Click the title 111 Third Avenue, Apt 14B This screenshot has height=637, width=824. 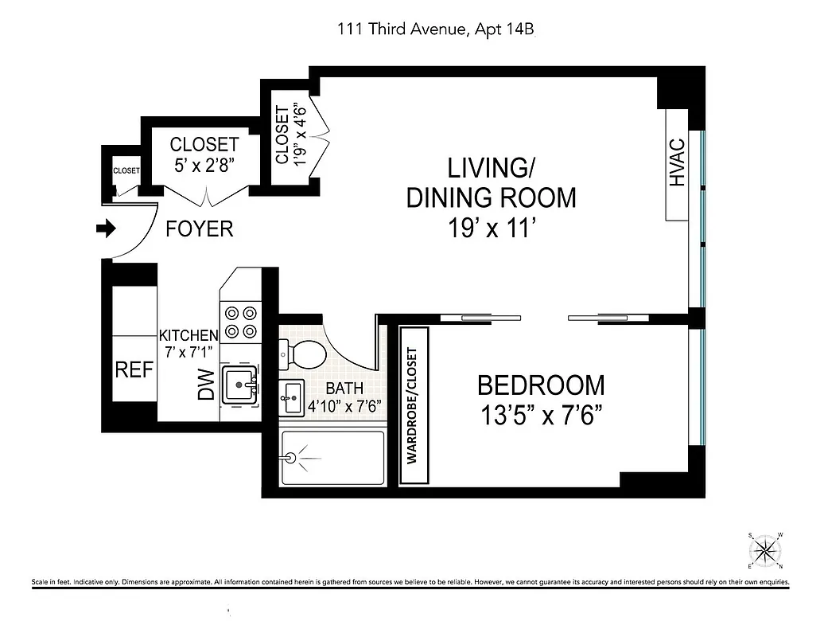point(439,29)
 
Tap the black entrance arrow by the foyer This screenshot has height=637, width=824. point(105,229)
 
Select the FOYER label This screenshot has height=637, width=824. point(200,229)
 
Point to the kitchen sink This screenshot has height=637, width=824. point(239,385)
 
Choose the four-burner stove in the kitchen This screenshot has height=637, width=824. point(239,322)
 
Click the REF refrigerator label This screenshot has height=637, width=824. point(134,370)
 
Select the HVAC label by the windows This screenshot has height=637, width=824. point(677,165)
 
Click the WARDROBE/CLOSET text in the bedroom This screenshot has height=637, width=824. point(413,405)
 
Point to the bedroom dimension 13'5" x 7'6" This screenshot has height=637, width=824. point(541,416)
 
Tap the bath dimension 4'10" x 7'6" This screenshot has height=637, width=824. point(345,404)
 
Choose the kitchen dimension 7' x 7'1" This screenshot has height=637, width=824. point(189,351)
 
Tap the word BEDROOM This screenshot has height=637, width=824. point(541,385)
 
